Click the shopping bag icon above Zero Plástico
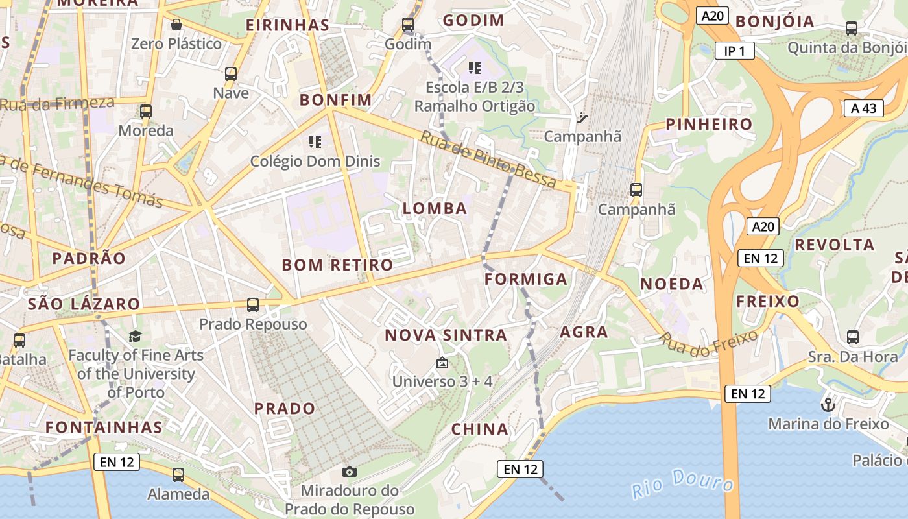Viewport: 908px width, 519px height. [176, 25]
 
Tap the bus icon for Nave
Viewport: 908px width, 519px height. [231, 74]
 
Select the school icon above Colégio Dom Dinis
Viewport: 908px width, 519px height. [315, 141]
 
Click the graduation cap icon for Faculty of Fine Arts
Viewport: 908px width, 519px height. [135, 336]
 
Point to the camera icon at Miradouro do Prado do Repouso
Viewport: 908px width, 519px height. [350, 472]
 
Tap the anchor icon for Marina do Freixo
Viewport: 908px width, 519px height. [828, 405]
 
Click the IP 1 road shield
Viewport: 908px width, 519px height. [734, 51]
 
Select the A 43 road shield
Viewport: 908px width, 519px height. [864, 108]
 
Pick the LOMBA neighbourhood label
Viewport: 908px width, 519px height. [435, 208]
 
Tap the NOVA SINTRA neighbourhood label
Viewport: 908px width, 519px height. [446, 335]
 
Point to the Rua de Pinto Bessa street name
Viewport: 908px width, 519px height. [488, 160]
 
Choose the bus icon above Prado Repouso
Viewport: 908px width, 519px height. [253, 304]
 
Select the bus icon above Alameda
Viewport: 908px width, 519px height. [178, 475]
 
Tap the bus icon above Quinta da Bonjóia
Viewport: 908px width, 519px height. [852, 29]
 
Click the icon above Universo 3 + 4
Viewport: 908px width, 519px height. [442, 363]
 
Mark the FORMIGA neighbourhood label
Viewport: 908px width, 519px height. [526, 280]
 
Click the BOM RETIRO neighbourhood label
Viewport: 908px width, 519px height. [337, 265]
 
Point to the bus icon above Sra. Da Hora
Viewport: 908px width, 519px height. [853, 337]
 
